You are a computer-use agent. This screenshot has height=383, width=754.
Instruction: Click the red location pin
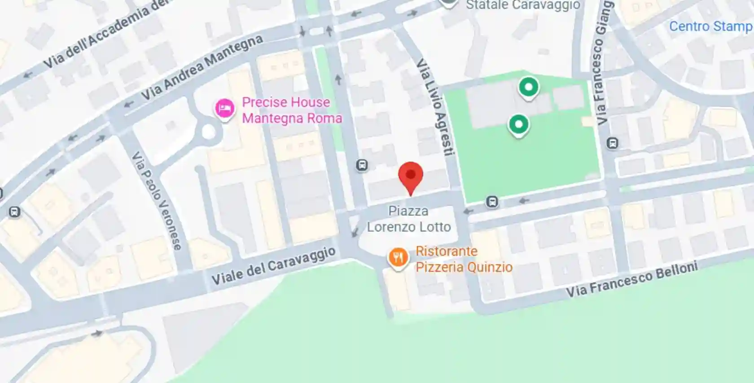(411, 176)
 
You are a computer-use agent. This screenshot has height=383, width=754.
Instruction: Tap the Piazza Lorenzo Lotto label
(408, 219)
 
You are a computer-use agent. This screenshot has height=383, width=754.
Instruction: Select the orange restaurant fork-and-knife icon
(398, 258)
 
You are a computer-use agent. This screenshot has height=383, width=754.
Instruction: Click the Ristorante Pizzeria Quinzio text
(464, 259)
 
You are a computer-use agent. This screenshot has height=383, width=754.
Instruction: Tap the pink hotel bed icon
(224, 109)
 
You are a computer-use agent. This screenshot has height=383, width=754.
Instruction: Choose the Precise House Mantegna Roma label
(292, 110)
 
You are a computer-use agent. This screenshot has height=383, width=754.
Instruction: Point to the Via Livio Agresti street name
(434, 108)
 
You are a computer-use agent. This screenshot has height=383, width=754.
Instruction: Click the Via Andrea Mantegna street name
(202, 67)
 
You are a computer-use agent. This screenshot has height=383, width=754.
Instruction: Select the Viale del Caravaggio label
(273, 266)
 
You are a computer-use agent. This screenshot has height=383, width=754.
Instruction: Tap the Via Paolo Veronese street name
(157, 200)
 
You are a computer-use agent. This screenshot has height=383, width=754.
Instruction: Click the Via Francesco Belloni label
(631, 279)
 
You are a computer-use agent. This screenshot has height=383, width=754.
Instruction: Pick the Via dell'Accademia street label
(106, 34)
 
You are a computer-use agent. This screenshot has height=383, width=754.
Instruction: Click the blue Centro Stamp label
(710, 26)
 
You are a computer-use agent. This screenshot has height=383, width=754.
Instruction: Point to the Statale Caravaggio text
(523, 5)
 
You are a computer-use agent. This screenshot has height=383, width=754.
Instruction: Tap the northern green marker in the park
(529, 87)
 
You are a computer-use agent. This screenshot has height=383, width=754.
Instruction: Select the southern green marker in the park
(518, 124)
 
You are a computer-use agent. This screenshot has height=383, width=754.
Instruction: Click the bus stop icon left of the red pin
(362, 165)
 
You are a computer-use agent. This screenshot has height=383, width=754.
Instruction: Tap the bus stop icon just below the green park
(492, 202)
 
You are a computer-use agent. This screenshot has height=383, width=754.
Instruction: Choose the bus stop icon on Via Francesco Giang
(612, 144)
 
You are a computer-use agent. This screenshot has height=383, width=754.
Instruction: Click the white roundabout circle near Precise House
(208, 132)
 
